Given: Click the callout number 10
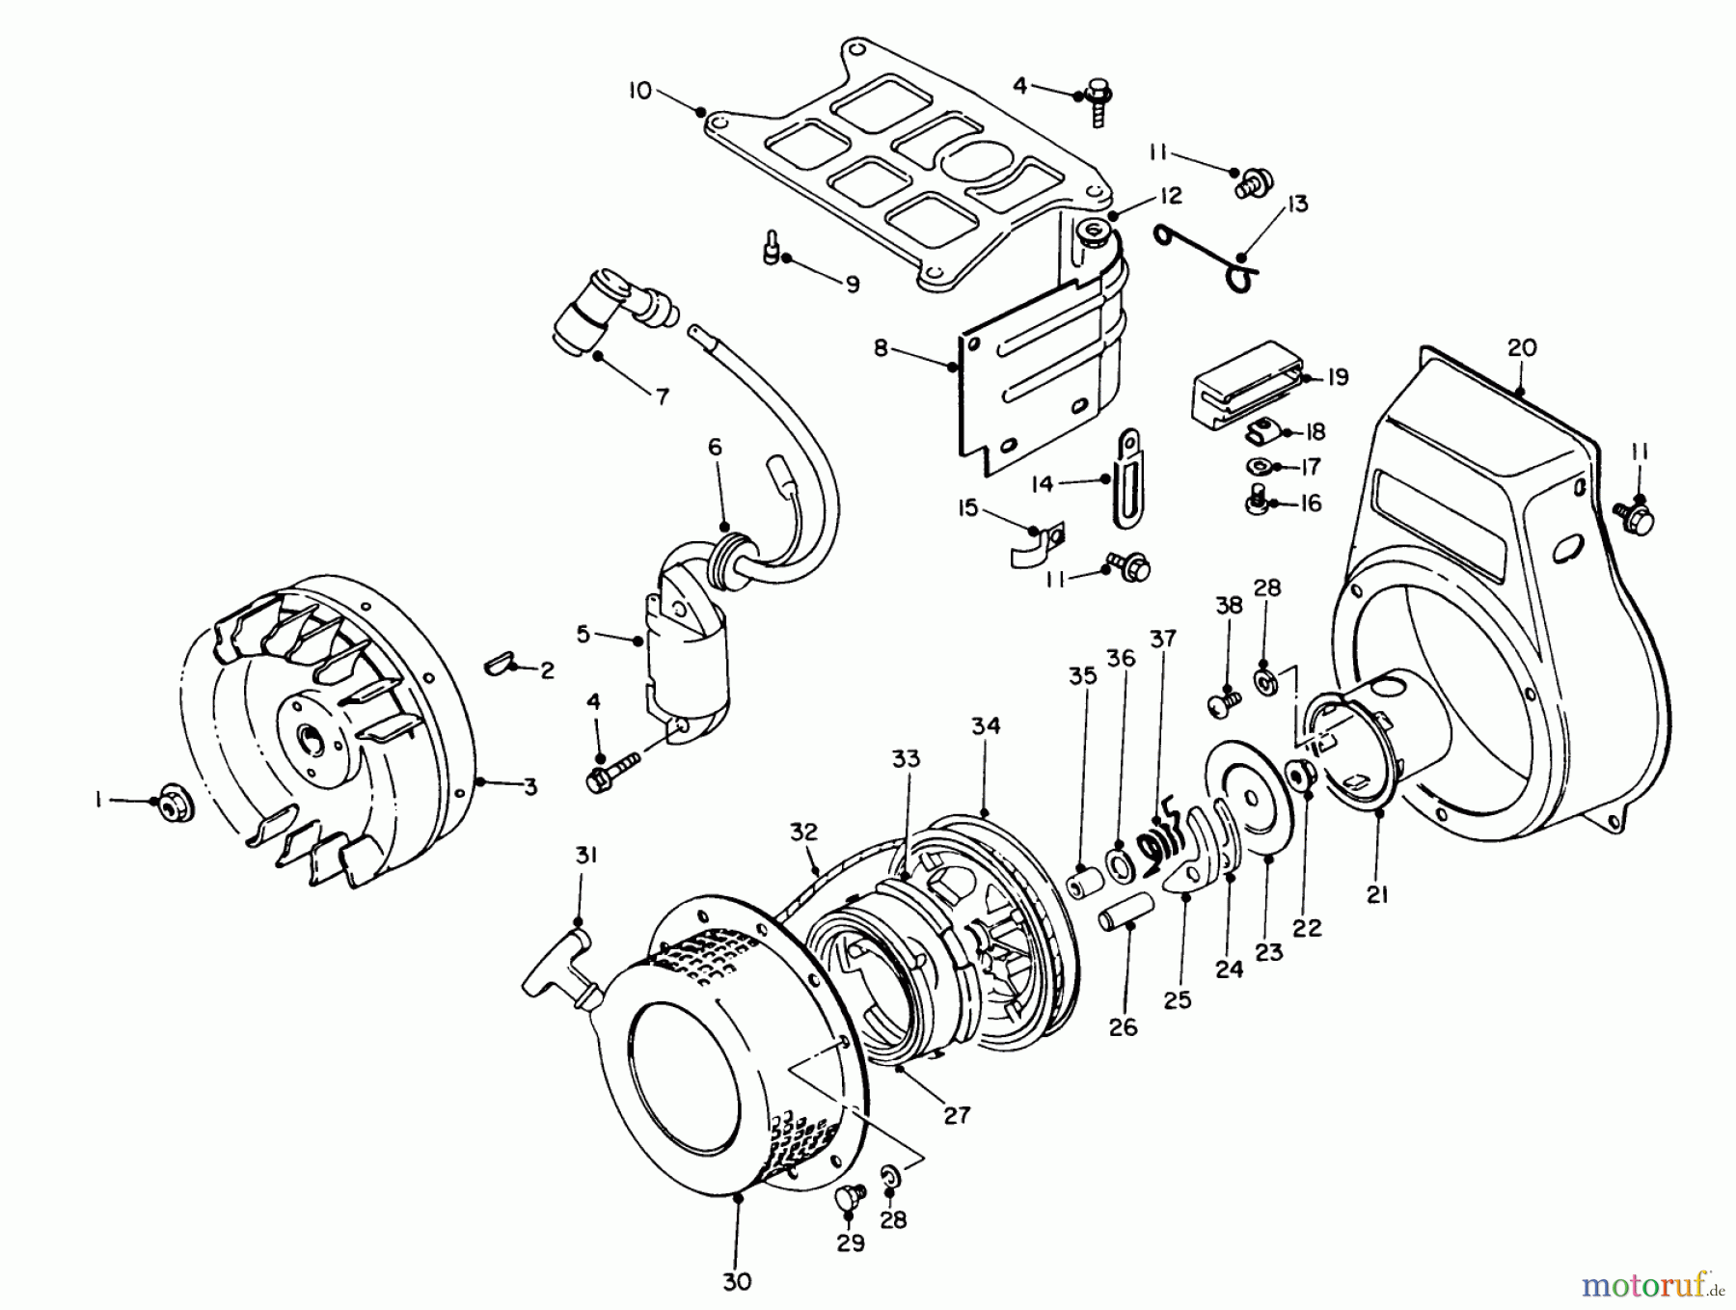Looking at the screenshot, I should click(639, 91).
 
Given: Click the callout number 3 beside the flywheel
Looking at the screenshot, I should click(529, 787).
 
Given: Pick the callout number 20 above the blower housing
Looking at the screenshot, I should click(1521, 347).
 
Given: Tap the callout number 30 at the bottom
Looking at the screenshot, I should click(736, 1281).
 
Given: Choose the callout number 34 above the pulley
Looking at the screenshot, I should click(986, 725).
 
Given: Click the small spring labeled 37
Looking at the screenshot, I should click(1162, 839).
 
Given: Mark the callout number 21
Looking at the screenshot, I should click(1377, 895).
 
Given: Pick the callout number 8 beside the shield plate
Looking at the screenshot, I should click(881, 347).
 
